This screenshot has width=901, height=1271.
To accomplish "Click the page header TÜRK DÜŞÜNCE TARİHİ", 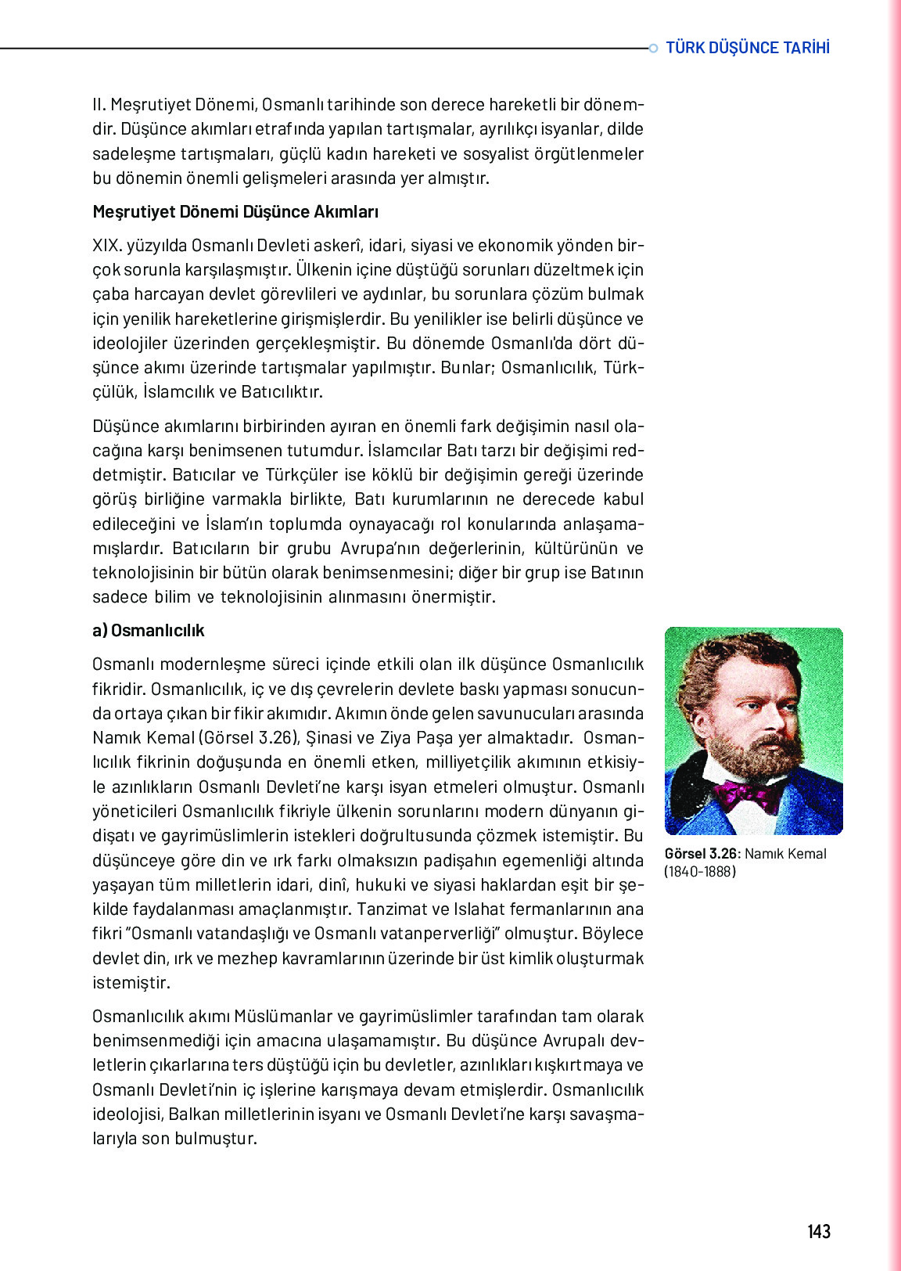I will point(747,48).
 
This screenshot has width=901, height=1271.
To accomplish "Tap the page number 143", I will point(818,1231).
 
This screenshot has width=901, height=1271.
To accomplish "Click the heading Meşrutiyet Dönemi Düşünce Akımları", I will point(235,212).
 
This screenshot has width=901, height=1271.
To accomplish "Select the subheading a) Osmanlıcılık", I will point(149,631).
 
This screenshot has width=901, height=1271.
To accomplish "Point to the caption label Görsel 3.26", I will point(700,854).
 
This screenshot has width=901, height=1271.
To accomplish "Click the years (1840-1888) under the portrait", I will point(700,872).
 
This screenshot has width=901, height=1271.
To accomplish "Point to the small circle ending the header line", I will point(653,49).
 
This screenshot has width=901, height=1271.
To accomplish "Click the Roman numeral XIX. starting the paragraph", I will point(107,246).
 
